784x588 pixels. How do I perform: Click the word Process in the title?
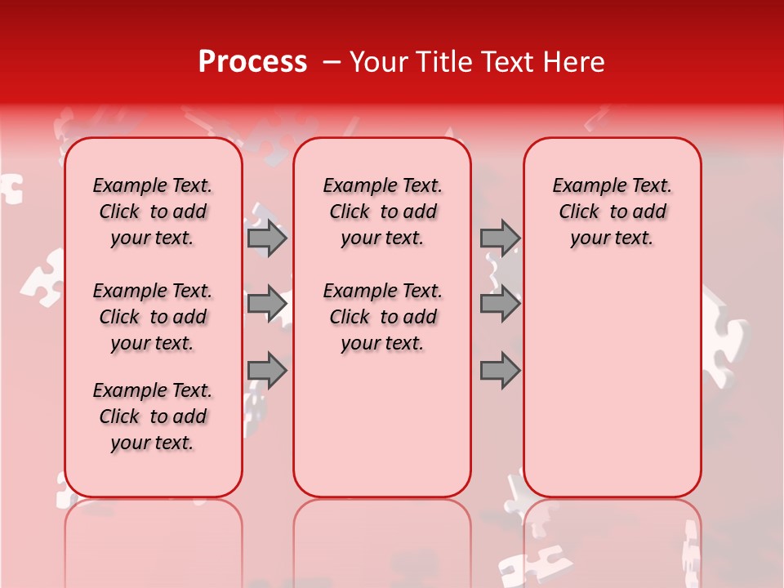252,62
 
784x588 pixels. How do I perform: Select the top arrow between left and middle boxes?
267,238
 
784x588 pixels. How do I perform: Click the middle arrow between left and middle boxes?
267,304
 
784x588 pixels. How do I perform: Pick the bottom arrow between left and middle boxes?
267,371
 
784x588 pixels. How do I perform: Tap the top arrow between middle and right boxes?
500,238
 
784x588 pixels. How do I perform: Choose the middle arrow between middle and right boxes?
500,304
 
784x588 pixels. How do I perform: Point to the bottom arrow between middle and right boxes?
500,371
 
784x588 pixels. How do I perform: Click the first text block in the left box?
153,212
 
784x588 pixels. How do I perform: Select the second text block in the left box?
153,317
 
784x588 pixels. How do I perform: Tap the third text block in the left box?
153,416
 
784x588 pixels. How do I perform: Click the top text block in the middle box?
382,212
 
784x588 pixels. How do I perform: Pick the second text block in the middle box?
382,317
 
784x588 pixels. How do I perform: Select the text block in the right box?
612,212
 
